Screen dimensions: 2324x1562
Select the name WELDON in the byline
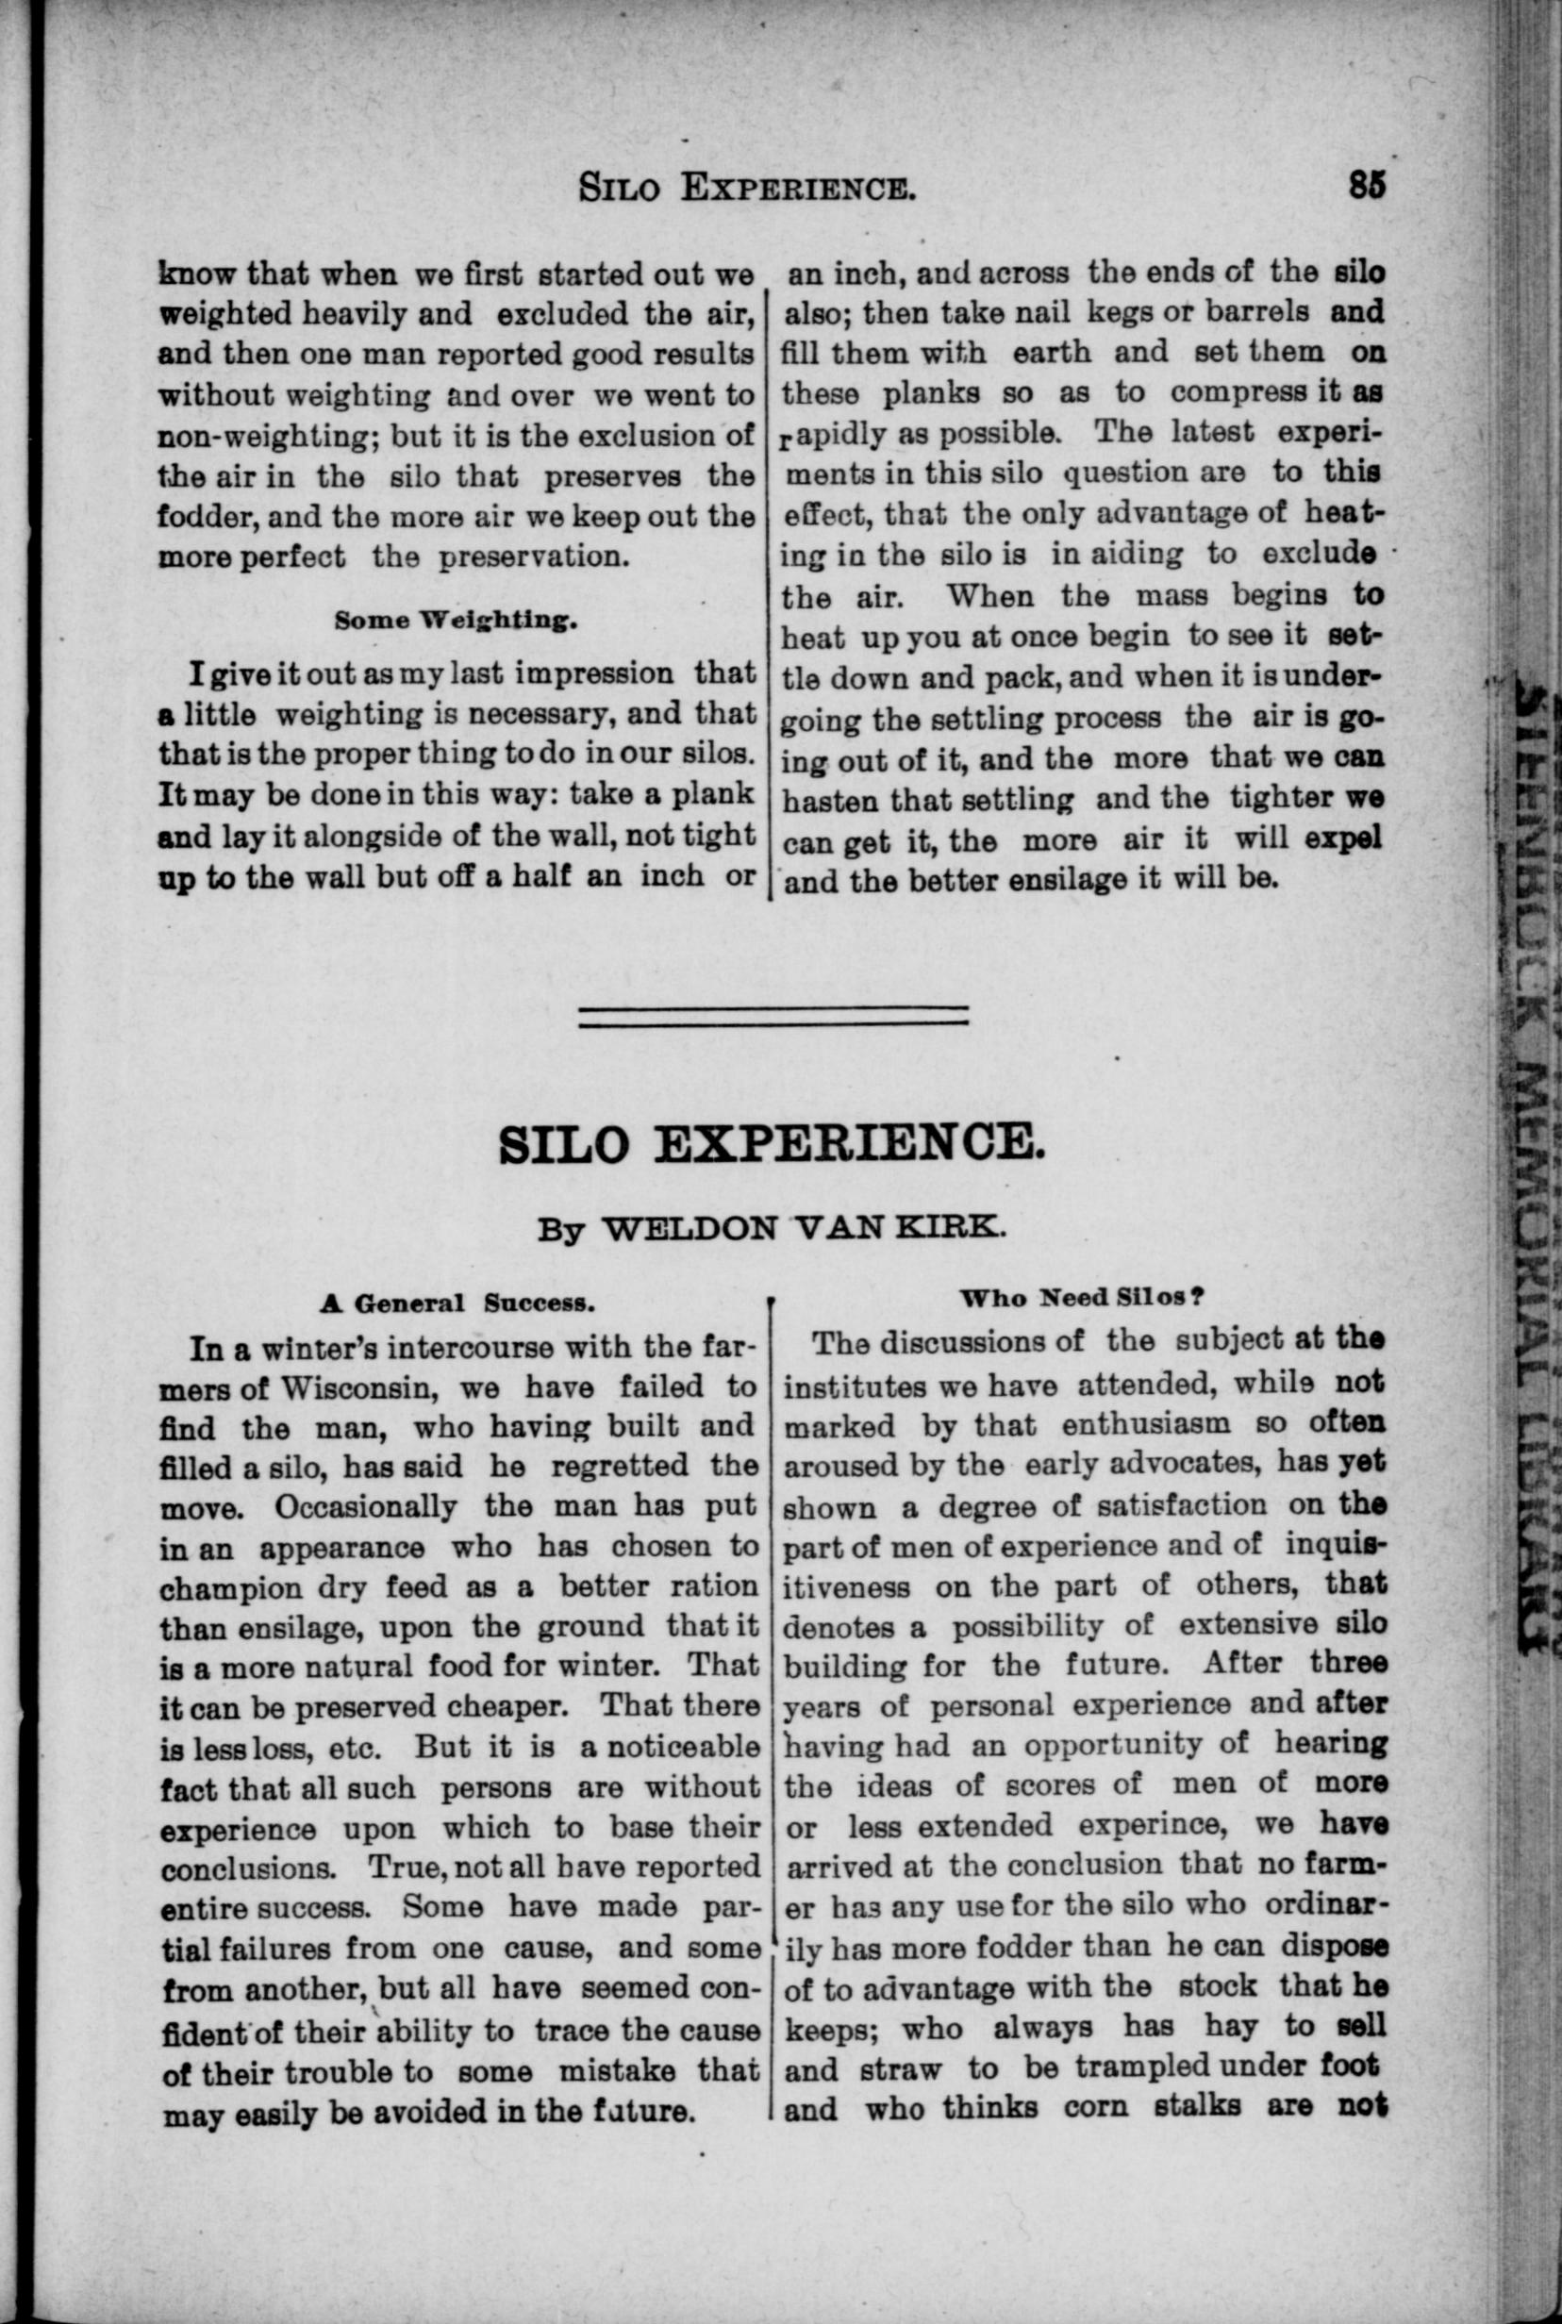tap(690, 1229)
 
